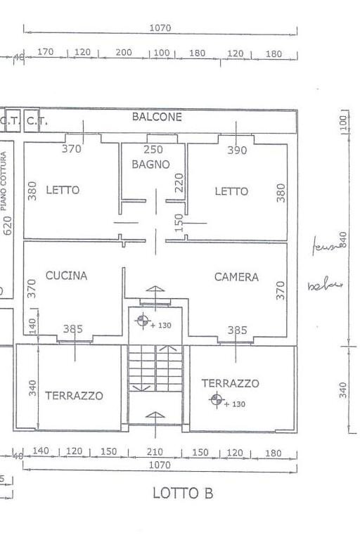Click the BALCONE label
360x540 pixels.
tap(157, 117)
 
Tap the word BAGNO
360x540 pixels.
tap(150, 165)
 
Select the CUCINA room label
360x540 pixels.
tap(67, 276)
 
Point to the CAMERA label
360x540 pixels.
tap(236, 277)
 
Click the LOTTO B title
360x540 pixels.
tap(183, 494)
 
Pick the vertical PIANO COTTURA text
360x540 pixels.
tap(6, 181)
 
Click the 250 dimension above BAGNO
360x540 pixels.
tap(153, 149)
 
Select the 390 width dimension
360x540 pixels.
tap(237, 150)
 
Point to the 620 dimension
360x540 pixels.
tap(8, 225)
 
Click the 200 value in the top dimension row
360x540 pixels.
tap(124, 53)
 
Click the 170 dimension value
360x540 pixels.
tap(46, 53)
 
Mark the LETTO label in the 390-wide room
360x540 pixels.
tap(231, 191)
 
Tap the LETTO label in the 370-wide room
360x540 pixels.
tap(63, 190)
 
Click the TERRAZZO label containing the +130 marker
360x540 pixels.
tap(230, 383)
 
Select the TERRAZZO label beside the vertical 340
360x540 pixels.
tap(74, 396)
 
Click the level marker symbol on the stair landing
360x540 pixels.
tap(143, 322)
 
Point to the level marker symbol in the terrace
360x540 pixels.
tap(217, 400)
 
